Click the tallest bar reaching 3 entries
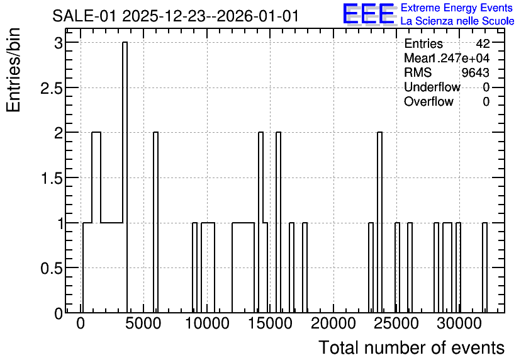coord(125,177)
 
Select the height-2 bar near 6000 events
coord(155,222)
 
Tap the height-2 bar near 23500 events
coord(380,222)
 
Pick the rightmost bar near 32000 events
coord(484,267)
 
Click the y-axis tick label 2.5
coord(51,88)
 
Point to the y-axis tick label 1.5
coord(51,178)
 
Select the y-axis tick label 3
coord(59,43)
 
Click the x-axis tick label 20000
coord(333,323)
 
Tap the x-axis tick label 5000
coord(143,323)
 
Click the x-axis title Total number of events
coord(411,347)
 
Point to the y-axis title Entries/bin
coord(13,70)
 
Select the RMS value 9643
coord(475,72)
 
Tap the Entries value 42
coord(483,43)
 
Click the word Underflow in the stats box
coord(432,87)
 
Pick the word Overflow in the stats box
coord(428,101)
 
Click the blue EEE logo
coord(369,14)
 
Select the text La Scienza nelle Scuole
coord(457,21)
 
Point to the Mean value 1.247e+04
coord(459,58)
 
